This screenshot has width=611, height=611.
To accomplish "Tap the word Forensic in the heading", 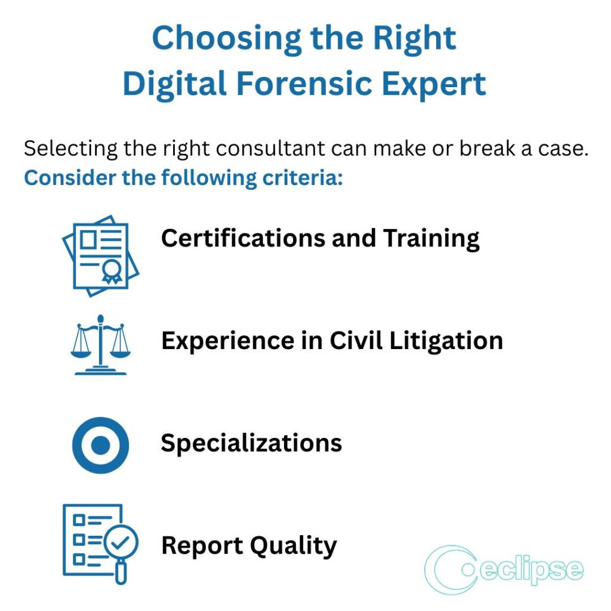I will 305,84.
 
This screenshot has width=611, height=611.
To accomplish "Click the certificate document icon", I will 100,255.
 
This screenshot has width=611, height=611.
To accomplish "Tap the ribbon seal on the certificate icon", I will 110,272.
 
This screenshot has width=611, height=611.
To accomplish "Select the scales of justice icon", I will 100,344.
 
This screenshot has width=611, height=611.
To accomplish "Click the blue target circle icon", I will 100,445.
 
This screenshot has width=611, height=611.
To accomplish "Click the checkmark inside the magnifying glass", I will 121,542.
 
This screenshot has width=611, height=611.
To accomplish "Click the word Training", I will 431,238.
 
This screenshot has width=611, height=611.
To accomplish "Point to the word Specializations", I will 251,443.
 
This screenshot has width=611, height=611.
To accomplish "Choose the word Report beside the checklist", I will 201,546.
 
